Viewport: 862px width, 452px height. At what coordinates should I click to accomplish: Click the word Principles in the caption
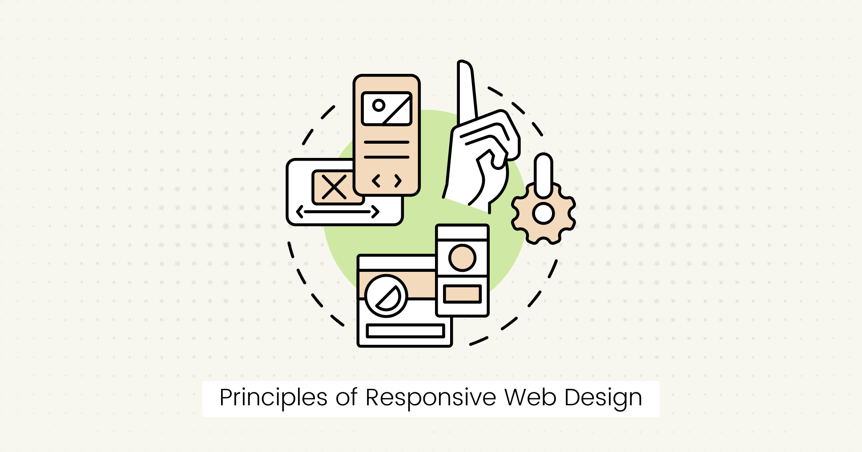[274, 398]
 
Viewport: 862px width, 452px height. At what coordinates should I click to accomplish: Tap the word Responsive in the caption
[431, 398]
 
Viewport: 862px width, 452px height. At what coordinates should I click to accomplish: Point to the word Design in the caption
[604, 398]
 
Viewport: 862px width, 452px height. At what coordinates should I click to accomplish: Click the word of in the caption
[346, 397]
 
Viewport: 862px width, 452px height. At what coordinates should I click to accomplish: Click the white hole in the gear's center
[543, 214]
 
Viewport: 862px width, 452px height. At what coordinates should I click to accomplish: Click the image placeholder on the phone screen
[387, 109]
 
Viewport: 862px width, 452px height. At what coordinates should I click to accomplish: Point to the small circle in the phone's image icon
[379, 105]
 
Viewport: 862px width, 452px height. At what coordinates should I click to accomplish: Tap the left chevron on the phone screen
[376, 181]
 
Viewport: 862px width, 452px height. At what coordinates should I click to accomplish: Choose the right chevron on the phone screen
[398, 181]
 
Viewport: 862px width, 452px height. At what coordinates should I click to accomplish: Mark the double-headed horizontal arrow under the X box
[338, 212]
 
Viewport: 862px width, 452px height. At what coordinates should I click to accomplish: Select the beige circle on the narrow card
[462, 258]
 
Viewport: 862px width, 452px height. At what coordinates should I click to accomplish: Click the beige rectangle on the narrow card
[462, 294]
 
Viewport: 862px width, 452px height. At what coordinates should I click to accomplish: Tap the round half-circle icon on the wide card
[386, 296]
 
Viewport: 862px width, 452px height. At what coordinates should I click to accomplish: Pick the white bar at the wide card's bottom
[406, 331]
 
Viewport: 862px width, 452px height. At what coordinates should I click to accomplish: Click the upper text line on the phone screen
[387, 142]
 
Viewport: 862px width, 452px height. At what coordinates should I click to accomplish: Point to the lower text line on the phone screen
[387, 157]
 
